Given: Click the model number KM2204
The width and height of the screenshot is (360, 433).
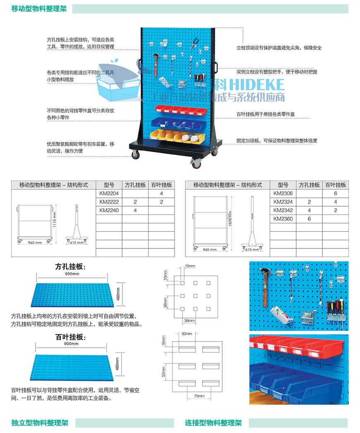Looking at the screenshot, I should coord(108,193).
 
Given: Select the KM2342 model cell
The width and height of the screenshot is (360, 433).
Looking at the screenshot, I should coord(283,210).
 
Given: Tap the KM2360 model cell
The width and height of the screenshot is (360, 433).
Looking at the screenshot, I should coord(283,219).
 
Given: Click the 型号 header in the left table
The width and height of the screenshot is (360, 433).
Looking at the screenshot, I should coord(108,185).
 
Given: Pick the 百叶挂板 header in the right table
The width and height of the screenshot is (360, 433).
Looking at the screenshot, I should coord(335,185).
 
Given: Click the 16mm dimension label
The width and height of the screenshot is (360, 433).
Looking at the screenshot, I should coord(164,344).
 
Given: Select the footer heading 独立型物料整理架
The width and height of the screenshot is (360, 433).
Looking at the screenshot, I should coord(40,423).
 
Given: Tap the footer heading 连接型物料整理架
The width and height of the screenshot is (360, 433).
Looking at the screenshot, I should coord(213,423).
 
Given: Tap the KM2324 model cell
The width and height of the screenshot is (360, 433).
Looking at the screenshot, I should coord(283,202).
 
